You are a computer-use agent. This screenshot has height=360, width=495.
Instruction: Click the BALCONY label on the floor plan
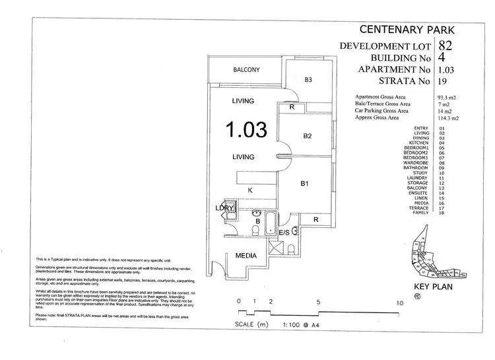coord(246,70)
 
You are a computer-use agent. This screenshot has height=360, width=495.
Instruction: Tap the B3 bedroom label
coord(308,80)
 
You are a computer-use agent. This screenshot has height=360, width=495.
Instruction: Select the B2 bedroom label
coord(307,137)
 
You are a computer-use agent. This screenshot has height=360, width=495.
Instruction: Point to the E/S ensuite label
coord(284,233)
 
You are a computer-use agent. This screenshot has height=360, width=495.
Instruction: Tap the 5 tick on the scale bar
coord(319,302)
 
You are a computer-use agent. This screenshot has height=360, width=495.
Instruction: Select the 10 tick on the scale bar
coord(399,302)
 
